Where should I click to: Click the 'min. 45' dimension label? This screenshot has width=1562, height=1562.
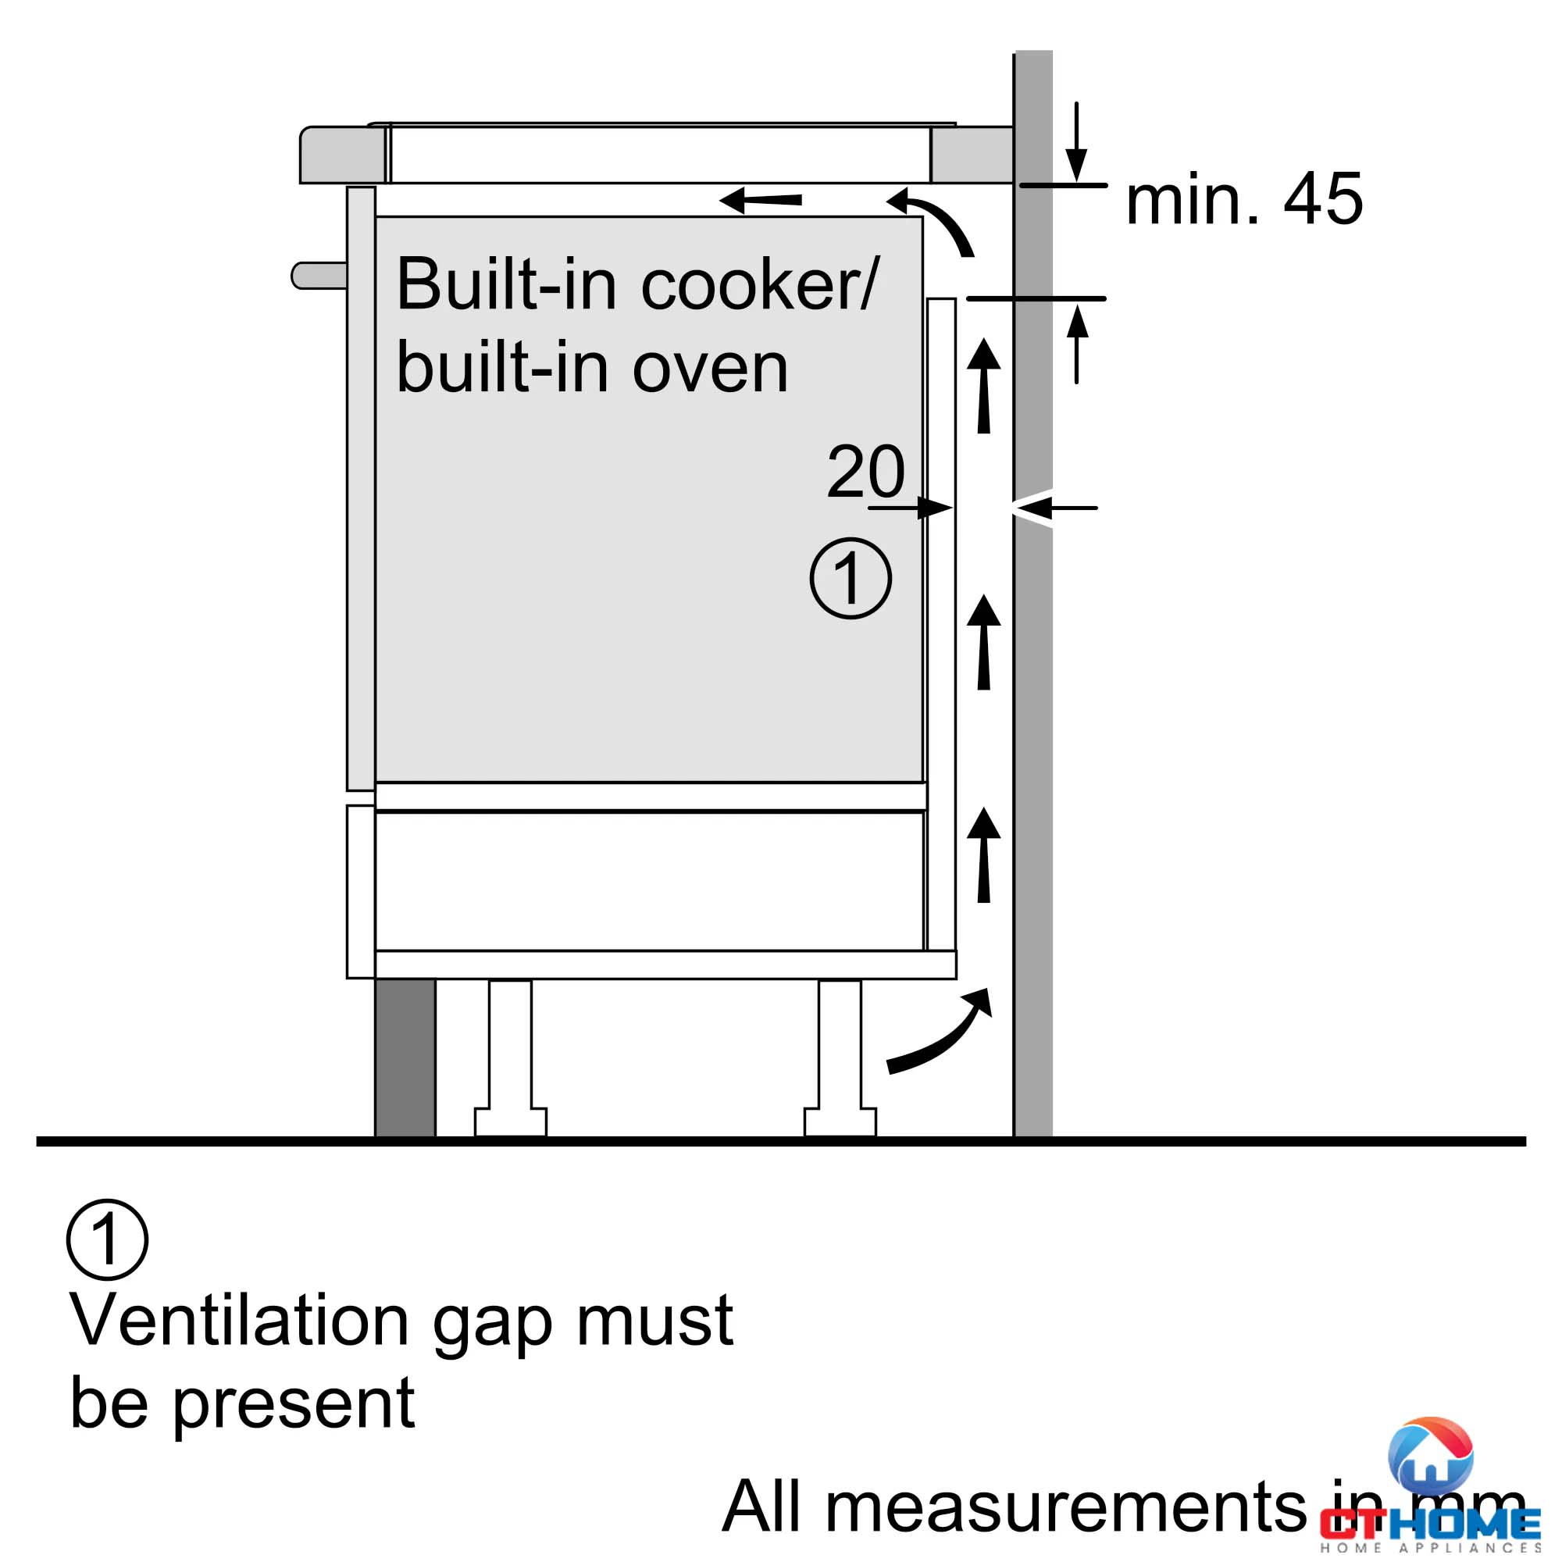1243,199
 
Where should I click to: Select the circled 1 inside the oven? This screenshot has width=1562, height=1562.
851,579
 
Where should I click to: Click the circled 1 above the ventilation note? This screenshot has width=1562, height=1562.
107,1239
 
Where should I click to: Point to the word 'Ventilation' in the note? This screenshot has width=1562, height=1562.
239,1322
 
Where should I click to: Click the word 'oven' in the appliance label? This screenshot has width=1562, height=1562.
709,369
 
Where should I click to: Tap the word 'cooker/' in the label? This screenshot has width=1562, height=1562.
759,284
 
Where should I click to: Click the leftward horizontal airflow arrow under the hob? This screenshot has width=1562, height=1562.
761,200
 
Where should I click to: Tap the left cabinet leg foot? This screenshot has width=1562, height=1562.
510,1122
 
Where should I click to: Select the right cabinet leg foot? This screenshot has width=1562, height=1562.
840,1122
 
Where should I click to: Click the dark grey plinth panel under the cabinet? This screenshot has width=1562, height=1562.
405,1057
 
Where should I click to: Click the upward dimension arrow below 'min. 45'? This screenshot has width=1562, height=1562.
1077,343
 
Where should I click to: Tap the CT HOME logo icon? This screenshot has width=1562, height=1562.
1429,1456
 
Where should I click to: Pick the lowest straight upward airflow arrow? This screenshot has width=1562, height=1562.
984,855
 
